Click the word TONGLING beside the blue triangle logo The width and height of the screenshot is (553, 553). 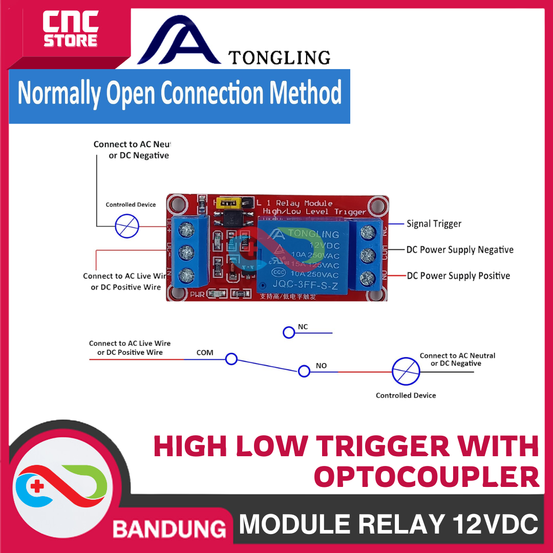(279, 57)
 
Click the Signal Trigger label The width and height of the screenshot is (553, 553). (434, 224)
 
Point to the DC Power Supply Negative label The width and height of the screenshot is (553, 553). (460, 250)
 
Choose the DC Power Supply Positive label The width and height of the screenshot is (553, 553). (458, 276)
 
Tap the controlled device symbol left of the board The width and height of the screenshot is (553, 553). (127, 226)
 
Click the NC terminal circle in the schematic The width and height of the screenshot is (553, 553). (289, 333)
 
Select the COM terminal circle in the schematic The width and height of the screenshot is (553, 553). (231, 359)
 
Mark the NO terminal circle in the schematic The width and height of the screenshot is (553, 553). (304, 371)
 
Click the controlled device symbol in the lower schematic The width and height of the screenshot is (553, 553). (406, 371)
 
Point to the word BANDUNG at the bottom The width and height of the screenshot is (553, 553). (169, 528)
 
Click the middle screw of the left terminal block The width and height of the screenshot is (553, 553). (187, 252)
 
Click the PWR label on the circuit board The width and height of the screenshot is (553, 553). (197, 294)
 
